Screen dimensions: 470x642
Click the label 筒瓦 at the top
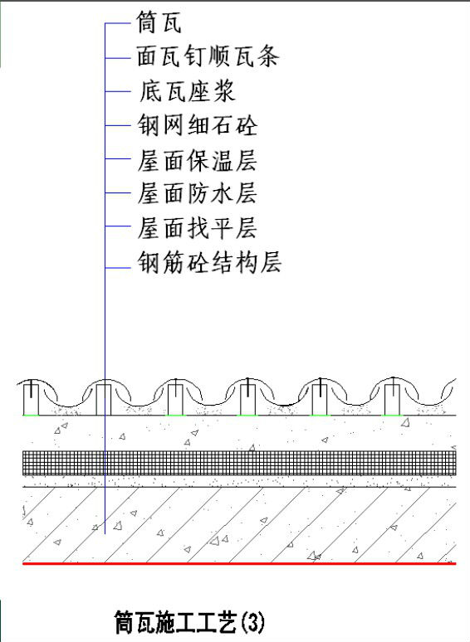[x=159, y=22]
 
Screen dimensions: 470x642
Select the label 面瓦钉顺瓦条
[x=208, y=56]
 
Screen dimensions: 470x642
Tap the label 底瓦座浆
[x=188, y=91]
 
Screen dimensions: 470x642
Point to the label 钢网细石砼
[x=198, y=125]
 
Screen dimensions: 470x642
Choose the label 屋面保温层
[x=197, y=160]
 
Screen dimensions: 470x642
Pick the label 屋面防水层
[x=197, y=192]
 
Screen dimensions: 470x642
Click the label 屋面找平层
[x=197, y=227]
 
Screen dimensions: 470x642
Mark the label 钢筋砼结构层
[x=209, y=262]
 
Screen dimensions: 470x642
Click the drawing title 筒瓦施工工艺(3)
[x=189, y=622]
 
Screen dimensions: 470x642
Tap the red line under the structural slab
[x=239, y=564]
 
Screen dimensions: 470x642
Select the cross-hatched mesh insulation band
[x=239, y=463]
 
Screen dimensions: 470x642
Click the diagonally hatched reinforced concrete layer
[x=239, y=525]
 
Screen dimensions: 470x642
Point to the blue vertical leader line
[x=105, y=279]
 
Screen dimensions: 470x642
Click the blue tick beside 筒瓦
[x=118, y=24]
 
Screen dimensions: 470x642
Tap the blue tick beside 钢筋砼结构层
[x=118, y=268]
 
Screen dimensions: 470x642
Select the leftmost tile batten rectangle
[x=31, y=400]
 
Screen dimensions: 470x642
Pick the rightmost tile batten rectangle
[x=392, y=400]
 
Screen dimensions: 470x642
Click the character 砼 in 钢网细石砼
[x=247, y=125]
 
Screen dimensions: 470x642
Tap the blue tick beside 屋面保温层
[x=118, y=158]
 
